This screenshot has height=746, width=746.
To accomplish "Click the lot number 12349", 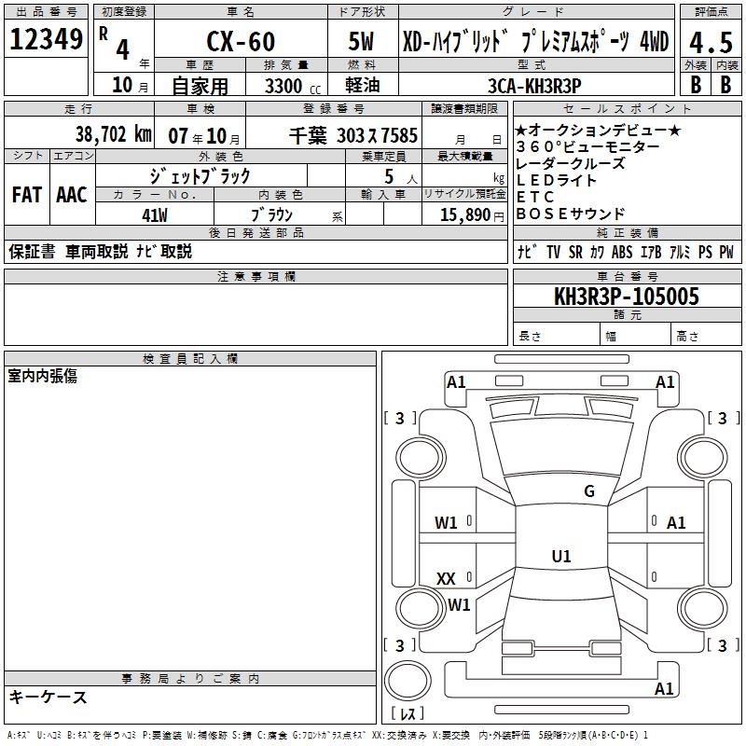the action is (46, 39).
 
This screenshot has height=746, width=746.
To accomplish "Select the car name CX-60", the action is (241, 41).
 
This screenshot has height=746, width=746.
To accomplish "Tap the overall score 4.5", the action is (711, 43).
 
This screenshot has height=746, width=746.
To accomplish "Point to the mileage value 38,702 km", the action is (113, 134).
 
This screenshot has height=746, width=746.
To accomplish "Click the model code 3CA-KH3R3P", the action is (534, 86).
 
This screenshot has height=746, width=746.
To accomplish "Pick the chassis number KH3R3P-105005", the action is (627, 296).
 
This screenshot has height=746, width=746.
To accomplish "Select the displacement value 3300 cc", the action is (293, 86).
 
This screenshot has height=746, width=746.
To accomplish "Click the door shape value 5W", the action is (361, 41).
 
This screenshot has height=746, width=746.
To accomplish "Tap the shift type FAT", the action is (27, 195).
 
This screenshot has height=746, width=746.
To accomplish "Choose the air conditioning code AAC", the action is (72, 195).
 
